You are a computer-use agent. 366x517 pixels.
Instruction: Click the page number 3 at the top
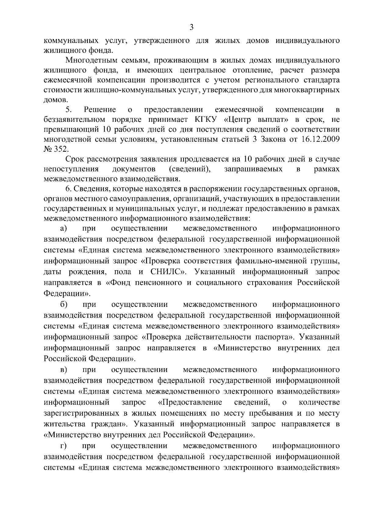(191, 27)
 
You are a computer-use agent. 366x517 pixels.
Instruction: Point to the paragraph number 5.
(69, 109)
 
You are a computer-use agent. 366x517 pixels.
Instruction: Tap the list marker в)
(63, 370)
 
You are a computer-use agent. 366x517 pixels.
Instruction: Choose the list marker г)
(63, 446)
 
